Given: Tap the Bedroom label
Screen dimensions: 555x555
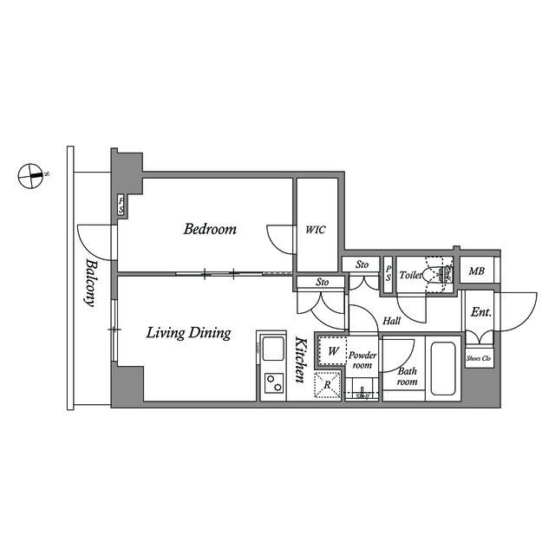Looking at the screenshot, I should point(210,230).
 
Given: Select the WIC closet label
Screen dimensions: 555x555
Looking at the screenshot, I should point(316,231).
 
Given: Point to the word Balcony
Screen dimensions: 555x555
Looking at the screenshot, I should point(89,284).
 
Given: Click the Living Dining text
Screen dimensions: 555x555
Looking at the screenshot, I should point(187,332).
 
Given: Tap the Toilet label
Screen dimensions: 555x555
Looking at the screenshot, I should point(411,275).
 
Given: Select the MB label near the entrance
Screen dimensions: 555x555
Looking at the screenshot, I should point(477,272).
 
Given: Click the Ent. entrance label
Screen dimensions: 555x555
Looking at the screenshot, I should point(479,312).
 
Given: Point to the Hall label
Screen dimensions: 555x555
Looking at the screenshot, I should point(390,321).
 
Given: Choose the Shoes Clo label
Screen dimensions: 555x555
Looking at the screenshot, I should point(479,357).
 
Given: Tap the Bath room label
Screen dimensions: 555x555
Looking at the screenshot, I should point(407,376).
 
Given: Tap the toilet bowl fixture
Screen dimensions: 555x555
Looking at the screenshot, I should point(437,274).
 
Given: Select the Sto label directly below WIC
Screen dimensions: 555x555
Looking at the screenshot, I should point(322,282).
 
